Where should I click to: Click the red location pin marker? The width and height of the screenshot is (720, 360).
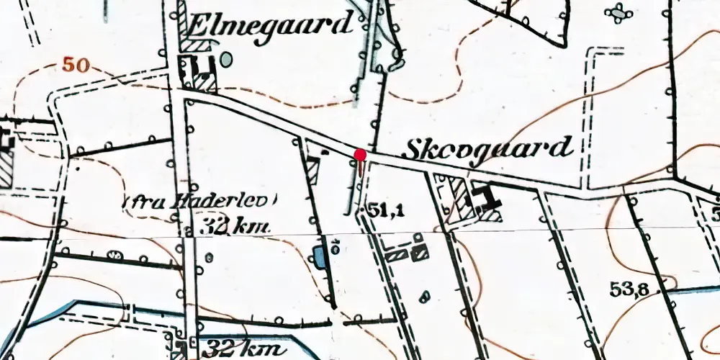point(360,154)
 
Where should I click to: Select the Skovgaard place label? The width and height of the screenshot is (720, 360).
point(487,149)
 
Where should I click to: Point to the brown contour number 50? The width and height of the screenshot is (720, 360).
point(75,66)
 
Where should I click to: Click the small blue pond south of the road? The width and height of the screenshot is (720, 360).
point(318,256)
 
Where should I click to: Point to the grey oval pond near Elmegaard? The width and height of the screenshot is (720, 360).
point(227,60)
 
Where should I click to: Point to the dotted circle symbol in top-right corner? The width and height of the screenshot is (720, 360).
point(618,12)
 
